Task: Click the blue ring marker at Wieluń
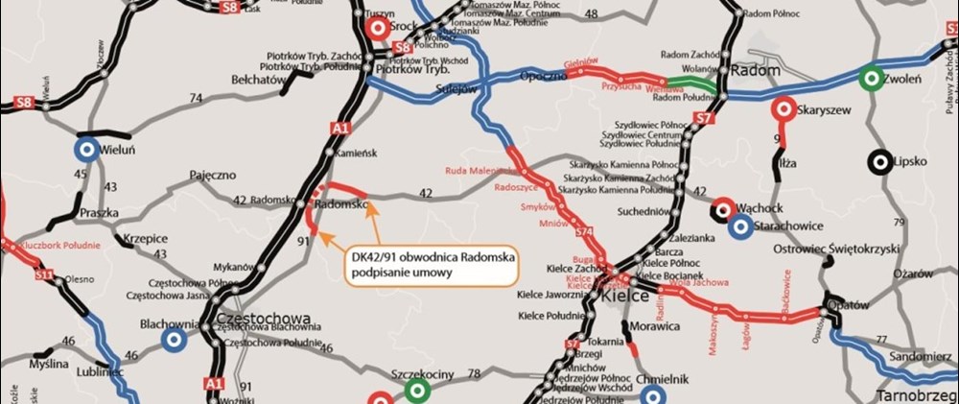[x=86, y=149]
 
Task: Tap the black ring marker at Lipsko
[x=879, y=161]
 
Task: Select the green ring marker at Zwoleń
[x=871, y=76]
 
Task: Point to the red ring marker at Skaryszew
[x=783, y=109]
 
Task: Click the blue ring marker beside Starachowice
[x=738, y=227]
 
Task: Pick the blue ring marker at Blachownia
[x=174, y=340]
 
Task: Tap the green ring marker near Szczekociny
[x=416, y=391]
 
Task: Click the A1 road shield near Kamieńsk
[x=340, y=125]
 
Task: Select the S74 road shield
[x=584, y=233]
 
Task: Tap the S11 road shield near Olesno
[x=43, y=275]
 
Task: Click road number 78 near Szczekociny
[x=473, y=373]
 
